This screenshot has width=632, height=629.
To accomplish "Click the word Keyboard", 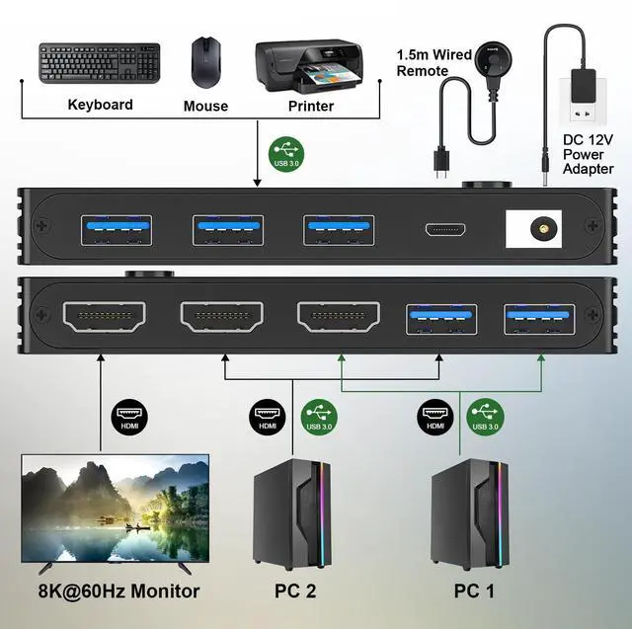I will pyautogui.click(x=100, y=105).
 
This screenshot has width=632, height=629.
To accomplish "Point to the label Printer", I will pyautogui.click(x=310, y=106).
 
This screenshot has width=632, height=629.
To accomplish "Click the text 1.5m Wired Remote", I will pyautogui.click(x=434, y=62).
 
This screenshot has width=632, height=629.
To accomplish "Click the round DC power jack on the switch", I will pyautogui.click(x=541, y=228).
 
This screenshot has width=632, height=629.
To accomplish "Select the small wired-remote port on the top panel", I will pyautogui.click(x=447, y=229).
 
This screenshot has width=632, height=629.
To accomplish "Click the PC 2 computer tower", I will pyautogui.click(x=292, y=513).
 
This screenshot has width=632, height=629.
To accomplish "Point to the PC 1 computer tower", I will pyautogui.click(x=470, y=513).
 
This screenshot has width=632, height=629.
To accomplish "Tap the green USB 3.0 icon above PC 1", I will pyautogui.click(x=484, y=414).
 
